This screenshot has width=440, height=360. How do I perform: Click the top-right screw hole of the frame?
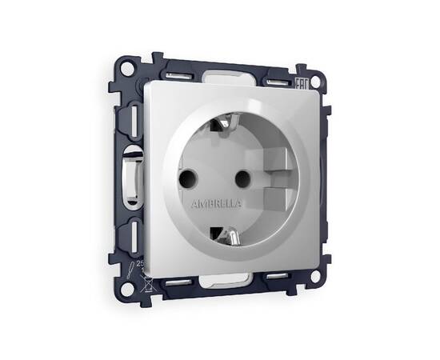click(x=318, y=81)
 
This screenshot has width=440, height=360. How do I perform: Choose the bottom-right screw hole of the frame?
click(x=315, y=275)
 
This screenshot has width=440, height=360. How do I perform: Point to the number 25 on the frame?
click(x=141, y=262)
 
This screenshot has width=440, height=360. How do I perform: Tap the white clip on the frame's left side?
click(x=128, y=171)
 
